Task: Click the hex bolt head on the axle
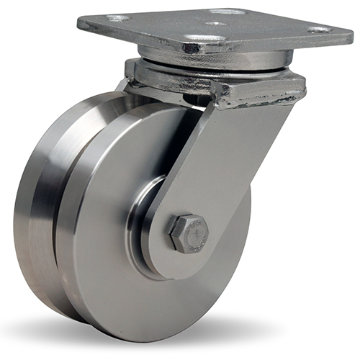[189, 233]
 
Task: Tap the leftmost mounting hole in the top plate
[119, 18]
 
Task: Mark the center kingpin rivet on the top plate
[215, 24]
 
